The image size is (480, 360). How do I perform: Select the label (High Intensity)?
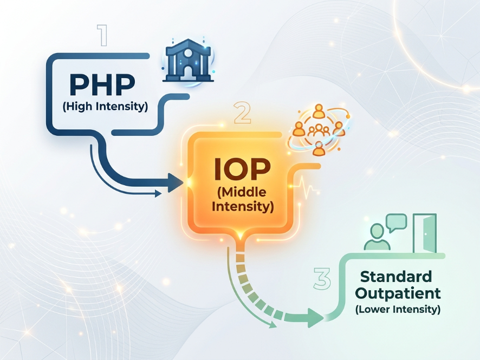tap(105, 106)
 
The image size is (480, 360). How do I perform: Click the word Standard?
tap(397, 277)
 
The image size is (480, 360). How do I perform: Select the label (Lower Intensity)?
tap(398, 310)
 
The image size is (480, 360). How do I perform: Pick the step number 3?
tap(322, 279)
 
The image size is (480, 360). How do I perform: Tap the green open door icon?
tap(425, 234)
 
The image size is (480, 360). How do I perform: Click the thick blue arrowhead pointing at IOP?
tap(175, 182)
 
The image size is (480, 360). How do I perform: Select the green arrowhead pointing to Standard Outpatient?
tap(315, 317)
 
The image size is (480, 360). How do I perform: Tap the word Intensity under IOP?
tap(243, 206)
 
